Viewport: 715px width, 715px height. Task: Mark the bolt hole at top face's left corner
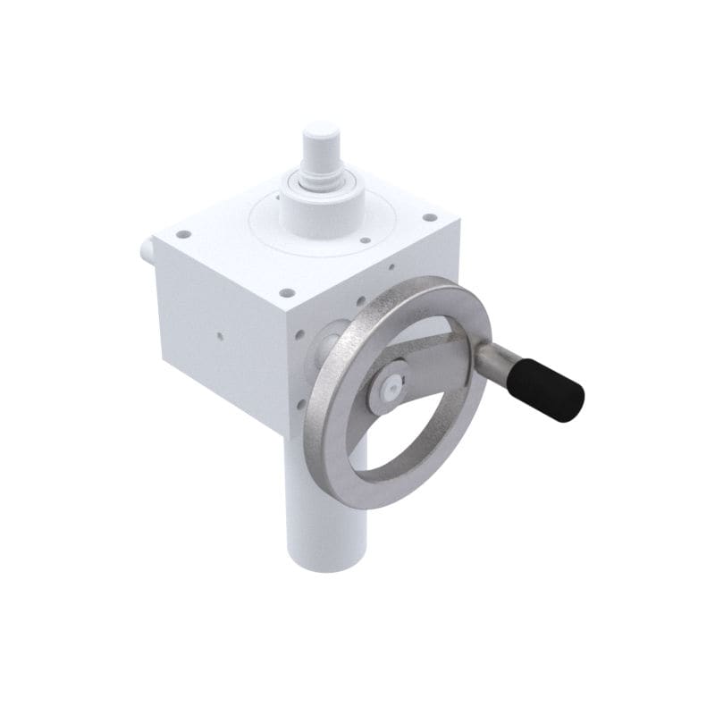[x=183, y=234]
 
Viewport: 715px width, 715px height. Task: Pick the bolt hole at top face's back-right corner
[x=430, y=216]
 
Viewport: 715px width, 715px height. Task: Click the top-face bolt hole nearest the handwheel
[x=286, y=291]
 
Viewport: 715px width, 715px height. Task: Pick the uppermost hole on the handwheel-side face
[x=391, y=266]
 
